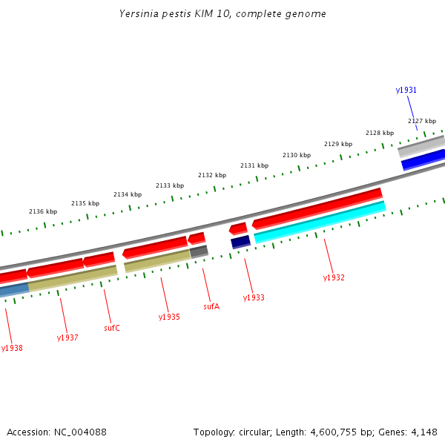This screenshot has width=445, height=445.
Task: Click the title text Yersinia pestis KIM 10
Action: pos(222,14)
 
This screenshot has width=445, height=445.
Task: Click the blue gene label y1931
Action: pos(406,90)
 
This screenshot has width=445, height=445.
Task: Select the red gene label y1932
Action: pos(334,277)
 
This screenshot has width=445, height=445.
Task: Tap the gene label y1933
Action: pos(254,297)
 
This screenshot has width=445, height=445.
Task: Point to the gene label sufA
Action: pos(211,306)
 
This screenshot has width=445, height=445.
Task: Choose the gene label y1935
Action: pos(169,317)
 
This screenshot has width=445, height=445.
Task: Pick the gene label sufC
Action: pos(112,327)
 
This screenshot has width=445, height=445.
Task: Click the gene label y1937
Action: pos(67,337)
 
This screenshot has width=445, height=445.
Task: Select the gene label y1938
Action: pos(12,348)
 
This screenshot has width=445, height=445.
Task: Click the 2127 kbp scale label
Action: pos(422,121)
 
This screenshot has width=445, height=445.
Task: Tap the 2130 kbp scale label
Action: pos(297,155)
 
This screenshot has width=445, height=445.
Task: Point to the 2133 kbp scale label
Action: pos(170,185)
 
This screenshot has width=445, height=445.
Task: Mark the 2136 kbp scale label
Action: pos(43,211)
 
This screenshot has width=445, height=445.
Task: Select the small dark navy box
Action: pos(240,242)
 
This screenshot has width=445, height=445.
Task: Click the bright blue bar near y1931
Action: pos(423,159)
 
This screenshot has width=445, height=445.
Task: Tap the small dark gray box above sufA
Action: pos(199,251)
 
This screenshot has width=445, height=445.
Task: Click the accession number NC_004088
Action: pos(56,432)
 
